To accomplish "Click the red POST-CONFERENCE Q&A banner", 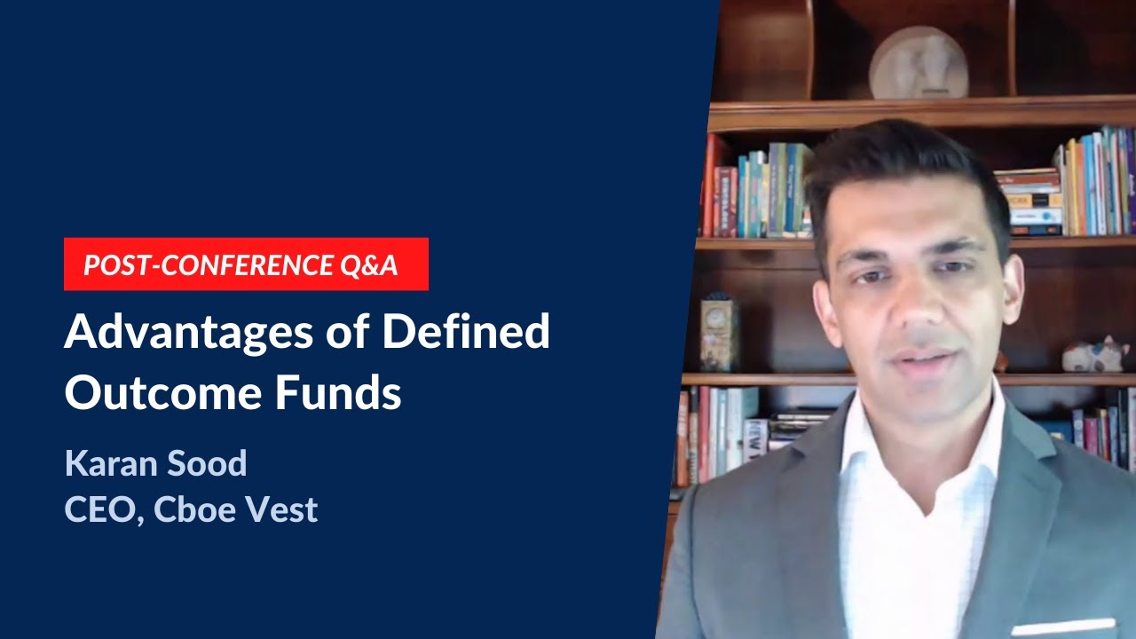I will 246,264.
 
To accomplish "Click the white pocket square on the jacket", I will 1064,627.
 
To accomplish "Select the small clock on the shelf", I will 719,333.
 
